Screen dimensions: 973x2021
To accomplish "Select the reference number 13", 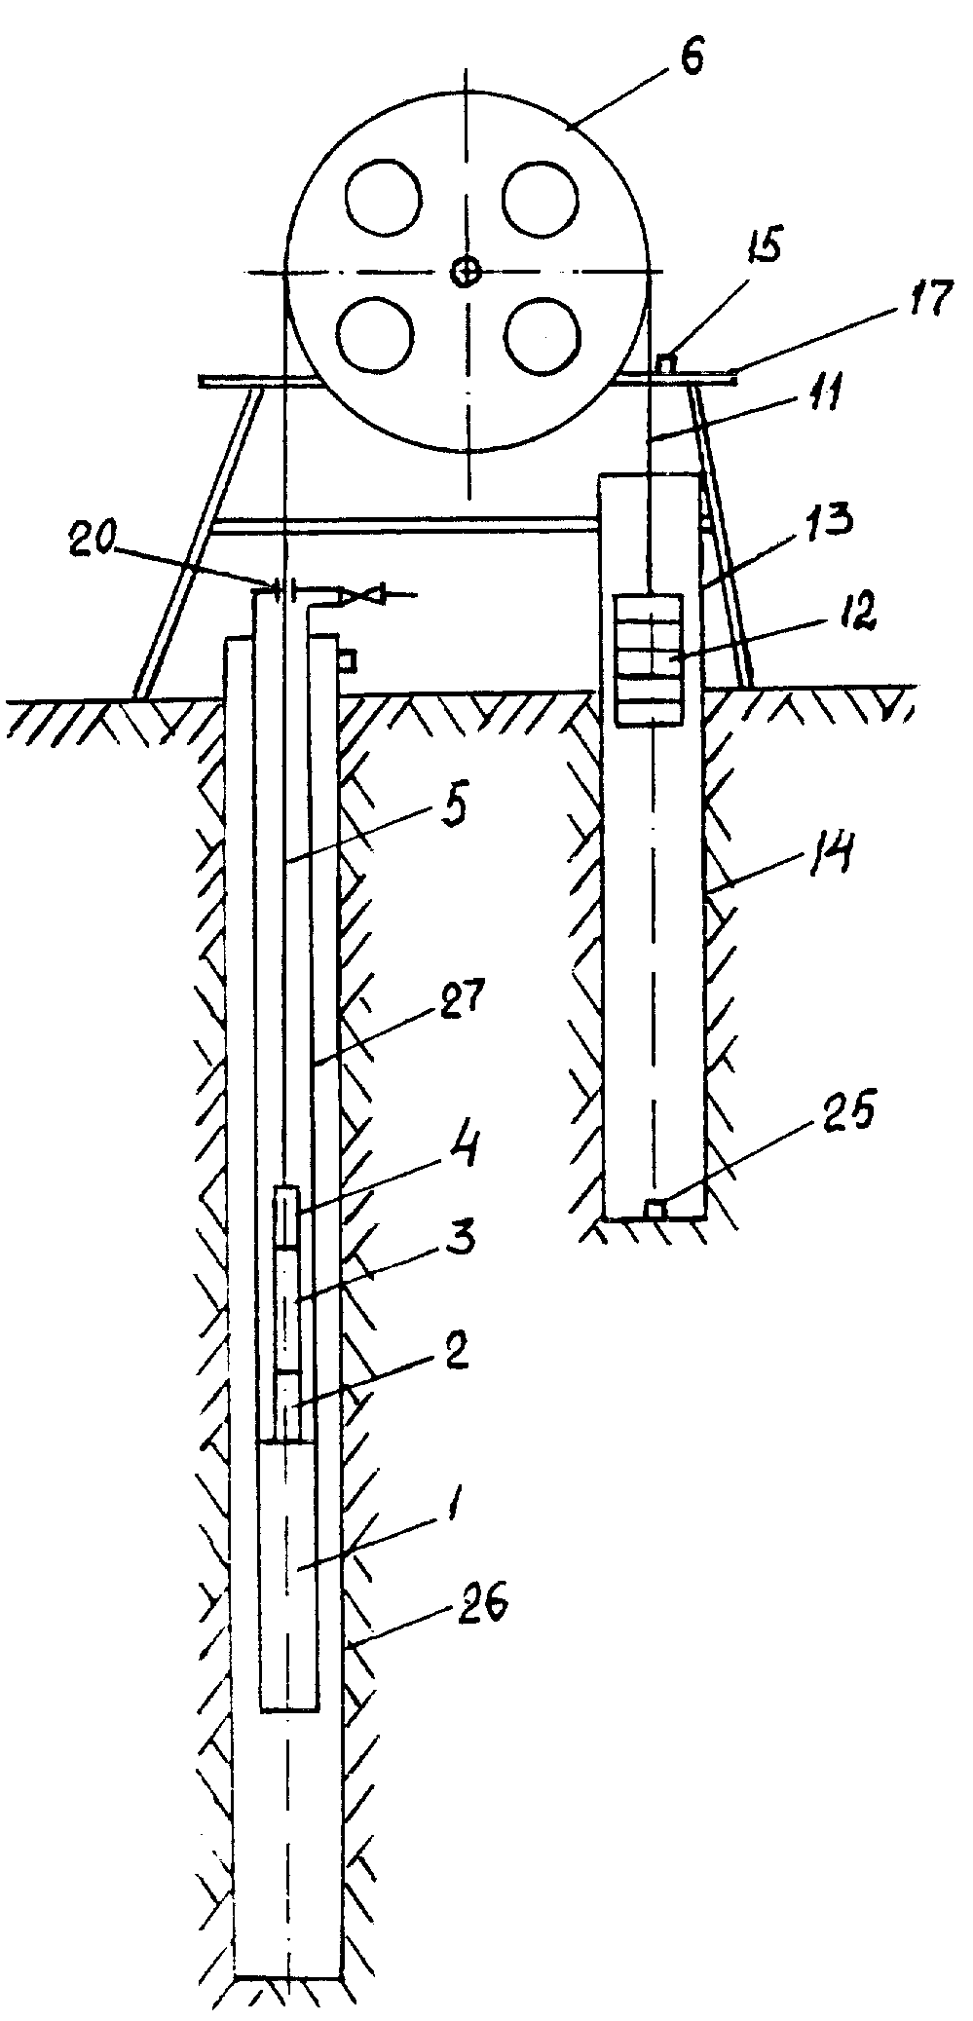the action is (x=830, y=518).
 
